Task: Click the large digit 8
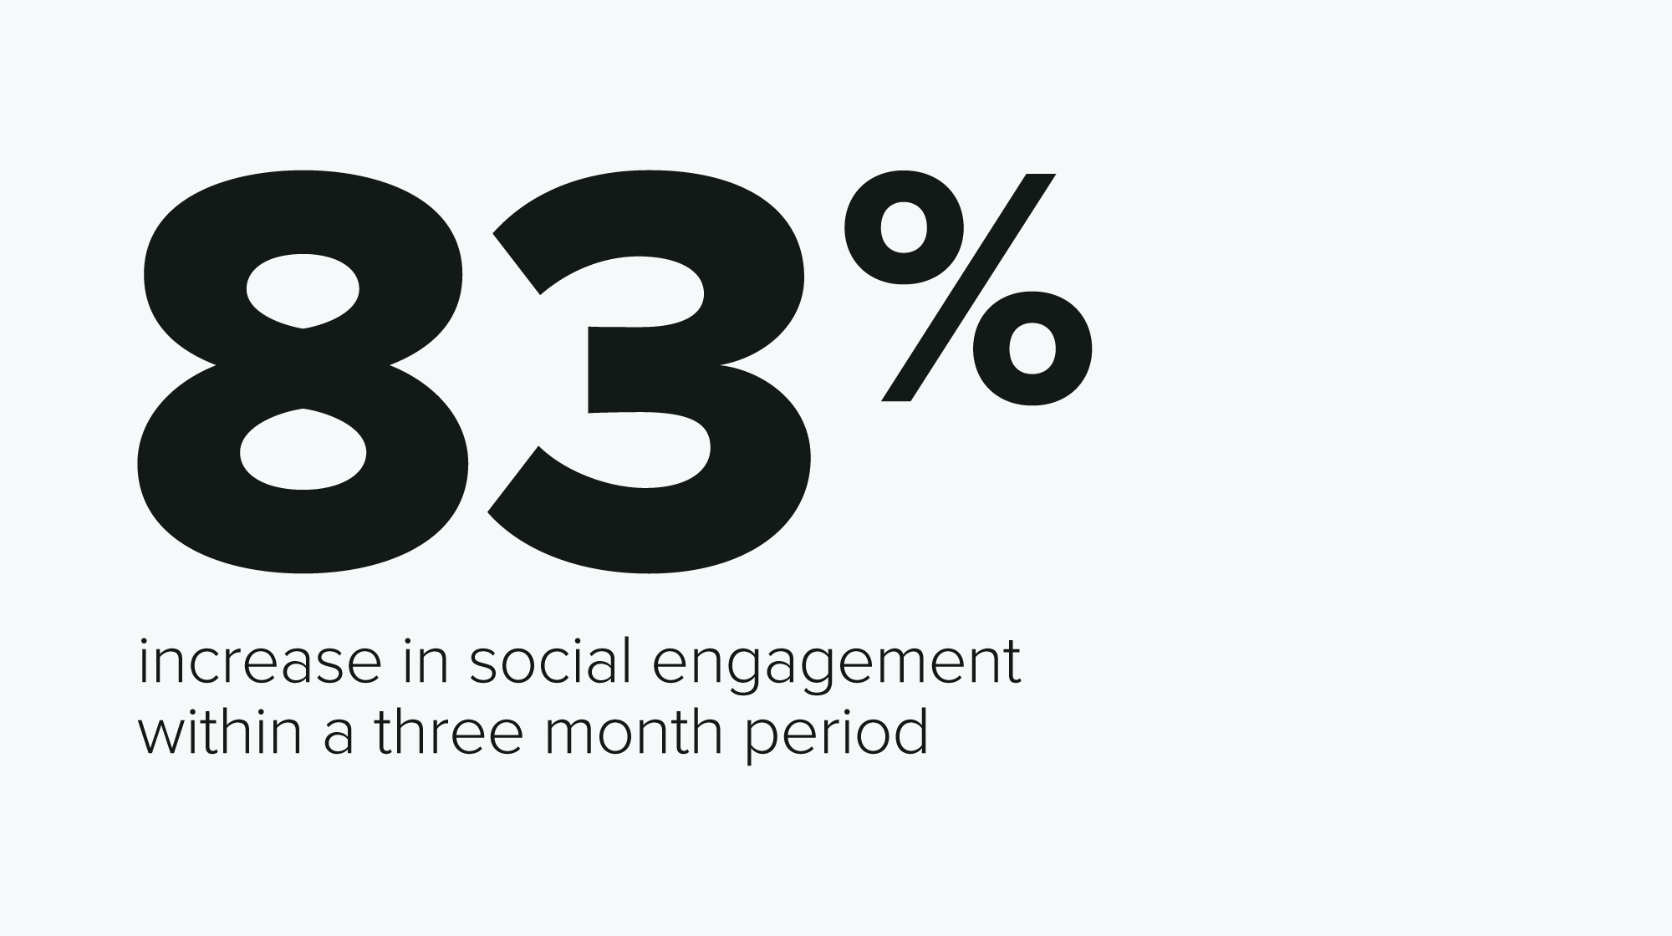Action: (303, 368)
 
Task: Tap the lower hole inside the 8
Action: (303, 450)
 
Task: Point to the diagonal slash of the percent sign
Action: (969, 287)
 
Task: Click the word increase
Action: (260, 664)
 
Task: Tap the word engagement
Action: (836, 669)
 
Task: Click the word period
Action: (837, 735)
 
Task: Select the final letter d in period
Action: (909, 731)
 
